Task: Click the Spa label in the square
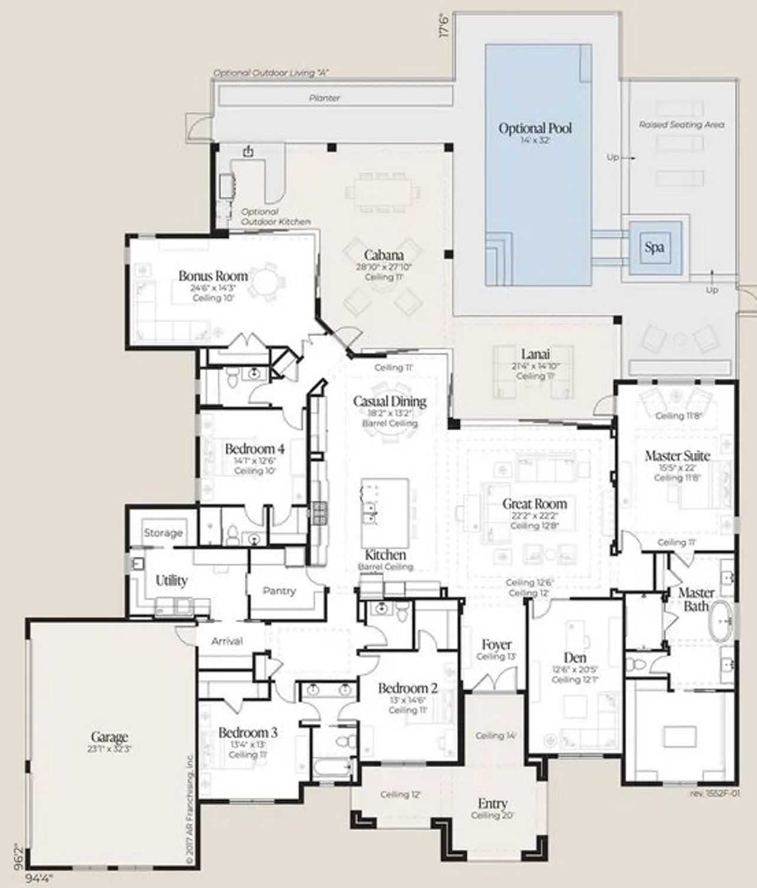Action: point(654,247)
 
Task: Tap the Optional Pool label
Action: point(535,128)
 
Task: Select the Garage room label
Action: point(109,737)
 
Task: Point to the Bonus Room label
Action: point(213,276)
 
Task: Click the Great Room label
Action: point(534,504)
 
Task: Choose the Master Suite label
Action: point(677,456)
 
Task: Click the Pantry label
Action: point(279,591)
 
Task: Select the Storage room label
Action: point(163,533)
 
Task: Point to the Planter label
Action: point(325,98)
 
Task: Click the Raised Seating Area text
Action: point(681,125)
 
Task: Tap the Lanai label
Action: point(535,354)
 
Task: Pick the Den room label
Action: point(575,658)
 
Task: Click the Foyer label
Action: point(496,644)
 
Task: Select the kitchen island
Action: point(384,512)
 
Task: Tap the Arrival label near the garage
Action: point(227,641)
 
